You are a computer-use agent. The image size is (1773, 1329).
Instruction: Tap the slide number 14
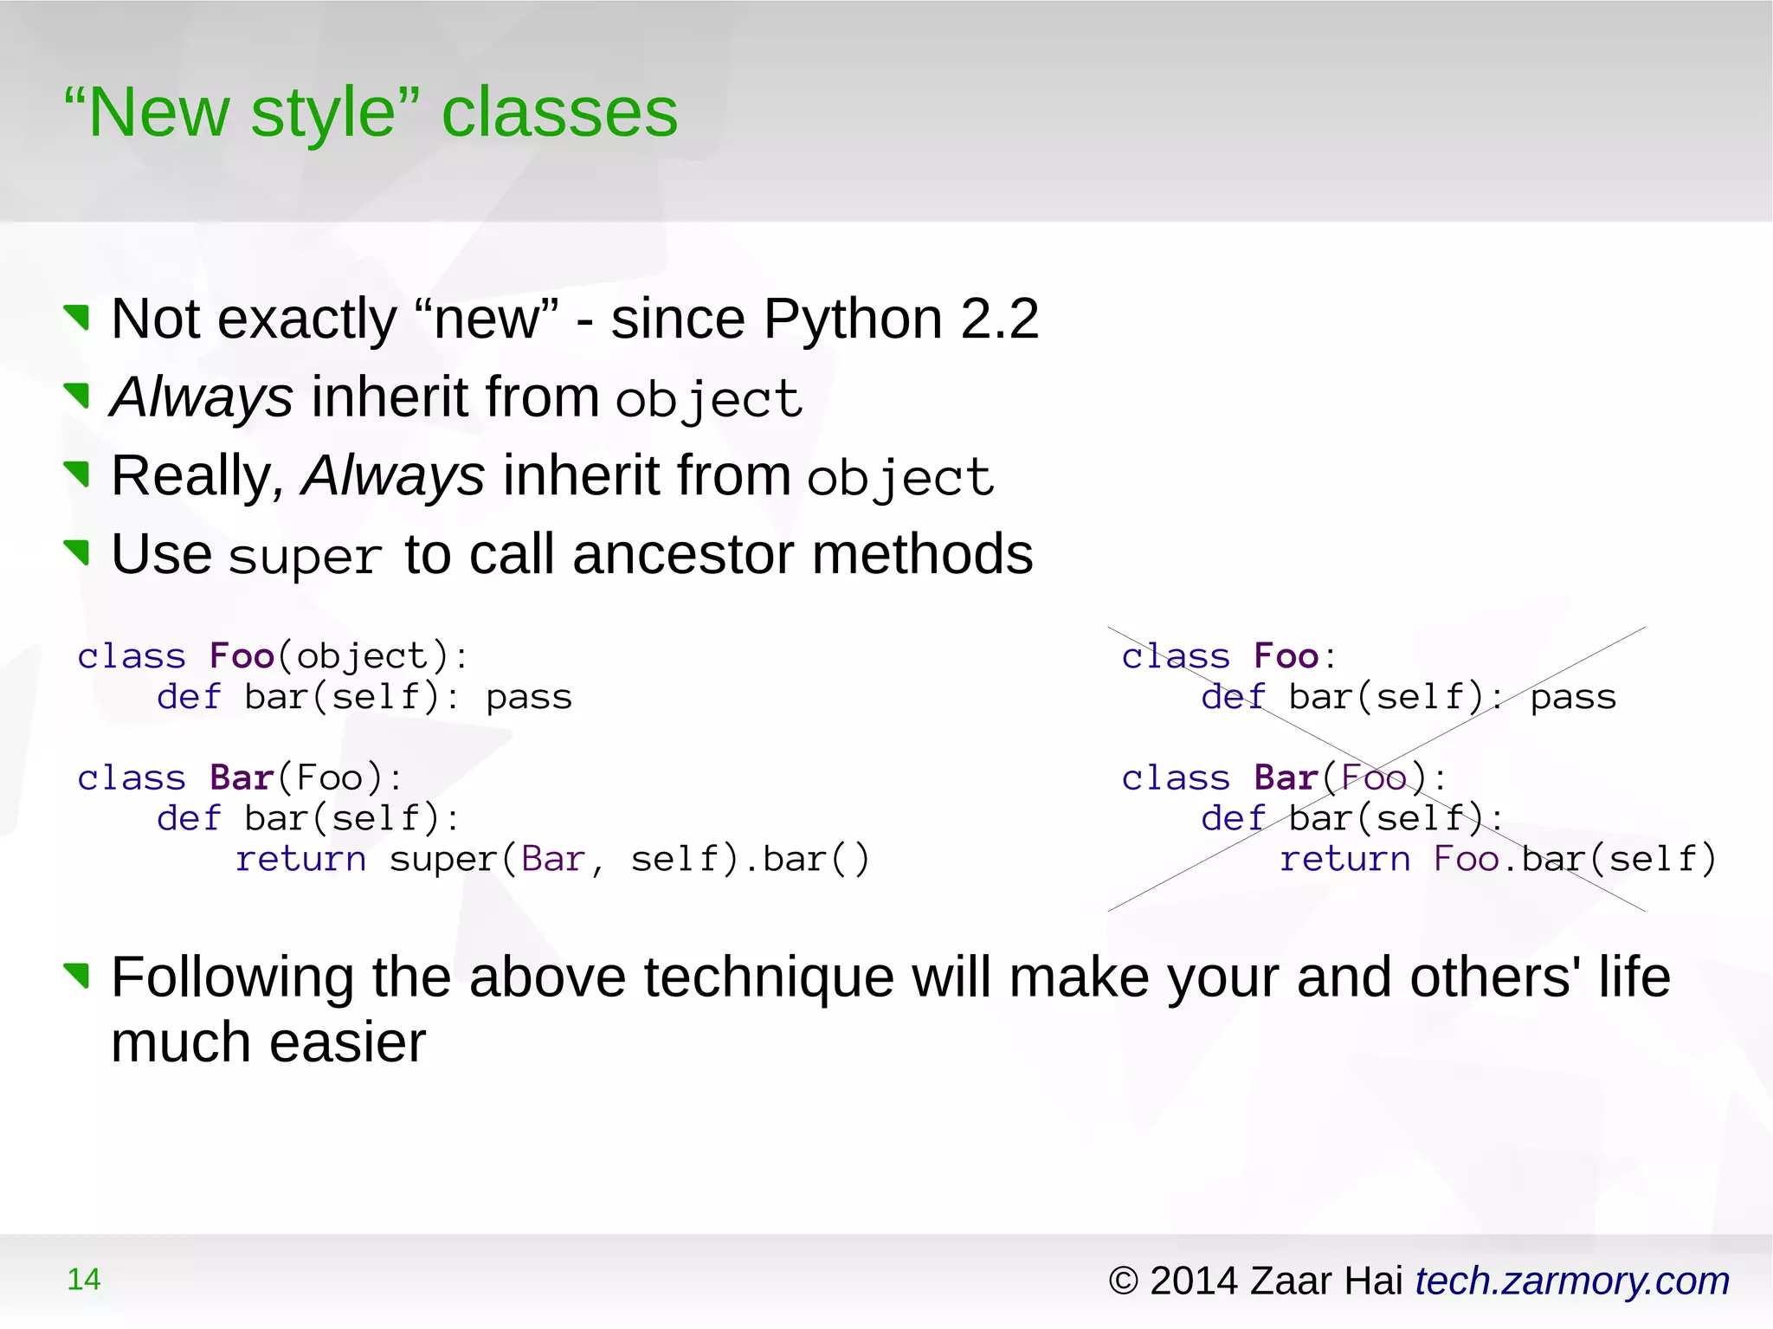click(x=84, y=1279)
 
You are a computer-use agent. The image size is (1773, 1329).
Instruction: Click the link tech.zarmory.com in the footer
click(x=1571, y=1281)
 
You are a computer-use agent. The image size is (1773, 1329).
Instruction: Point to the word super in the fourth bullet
click(x=306, y=557)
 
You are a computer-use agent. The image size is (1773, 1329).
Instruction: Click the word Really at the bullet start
click(x=192, y=476)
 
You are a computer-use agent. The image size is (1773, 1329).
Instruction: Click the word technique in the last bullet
click(x=768, y=977)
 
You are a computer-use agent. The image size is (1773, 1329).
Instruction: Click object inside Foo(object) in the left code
click(x=362, y=656)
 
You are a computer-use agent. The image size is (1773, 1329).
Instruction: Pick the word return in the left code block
click(x=300, y=859)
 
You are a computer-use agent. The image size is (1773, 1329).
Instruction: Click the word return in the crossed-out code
click(x=1344, y=859)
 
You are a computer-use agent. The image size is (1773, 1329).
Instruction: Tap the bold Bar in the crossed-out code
click(x=1286, y=777)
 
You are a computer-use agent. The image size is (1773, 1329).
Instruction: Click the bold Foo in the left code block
click(x=242, y=655)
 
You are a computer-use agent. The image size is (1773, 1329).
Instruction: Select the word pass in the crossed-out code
click(x=1572, y=697)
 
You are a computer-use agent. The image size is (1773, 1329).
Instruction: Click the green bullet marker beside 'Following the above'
click(x=77, y=975)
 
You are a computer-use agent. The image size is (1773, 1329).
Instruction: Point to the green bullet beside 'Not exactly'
click(x=77, y=318)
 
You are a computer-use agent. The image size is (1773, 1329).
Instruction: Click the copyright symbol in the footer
click(x=1123, y=1281)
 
